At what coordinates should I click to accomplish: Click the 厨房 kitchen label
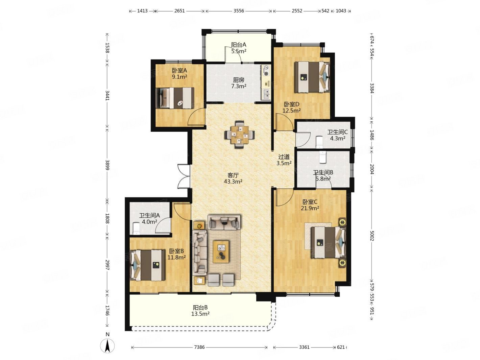coord(239,80)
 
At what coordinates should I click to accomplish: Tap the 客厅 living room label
coord(233,175)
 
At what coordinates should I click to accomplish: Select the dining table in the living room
coord(240,134)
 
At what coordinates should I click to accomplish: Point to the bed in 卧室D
coord(312,77)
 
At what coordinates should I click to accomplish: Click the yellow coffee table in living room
coord(221,251)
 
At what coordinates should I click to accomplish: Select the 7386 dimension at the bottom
coord(199,347)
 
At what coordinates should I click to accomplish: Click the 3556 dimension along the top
coord(239,11)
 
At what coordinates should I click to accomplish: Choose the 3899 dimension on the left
coord(107,165)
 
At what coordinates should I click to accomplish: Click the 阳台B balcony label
coord(200,308)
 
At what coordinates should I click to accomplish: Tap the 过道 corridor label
coord(284,157)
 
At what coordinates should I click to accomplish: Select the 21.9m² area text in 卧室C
coord(310,208)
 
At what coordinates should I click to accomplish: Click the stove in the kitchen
coord(266,70)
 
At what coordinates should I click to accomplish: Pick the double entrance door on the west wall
coord(184,176)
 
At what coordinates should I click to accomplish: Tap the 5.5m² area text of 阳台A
coord(239,51)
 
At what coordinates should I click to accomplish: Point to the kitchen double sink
coord(266,94)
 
